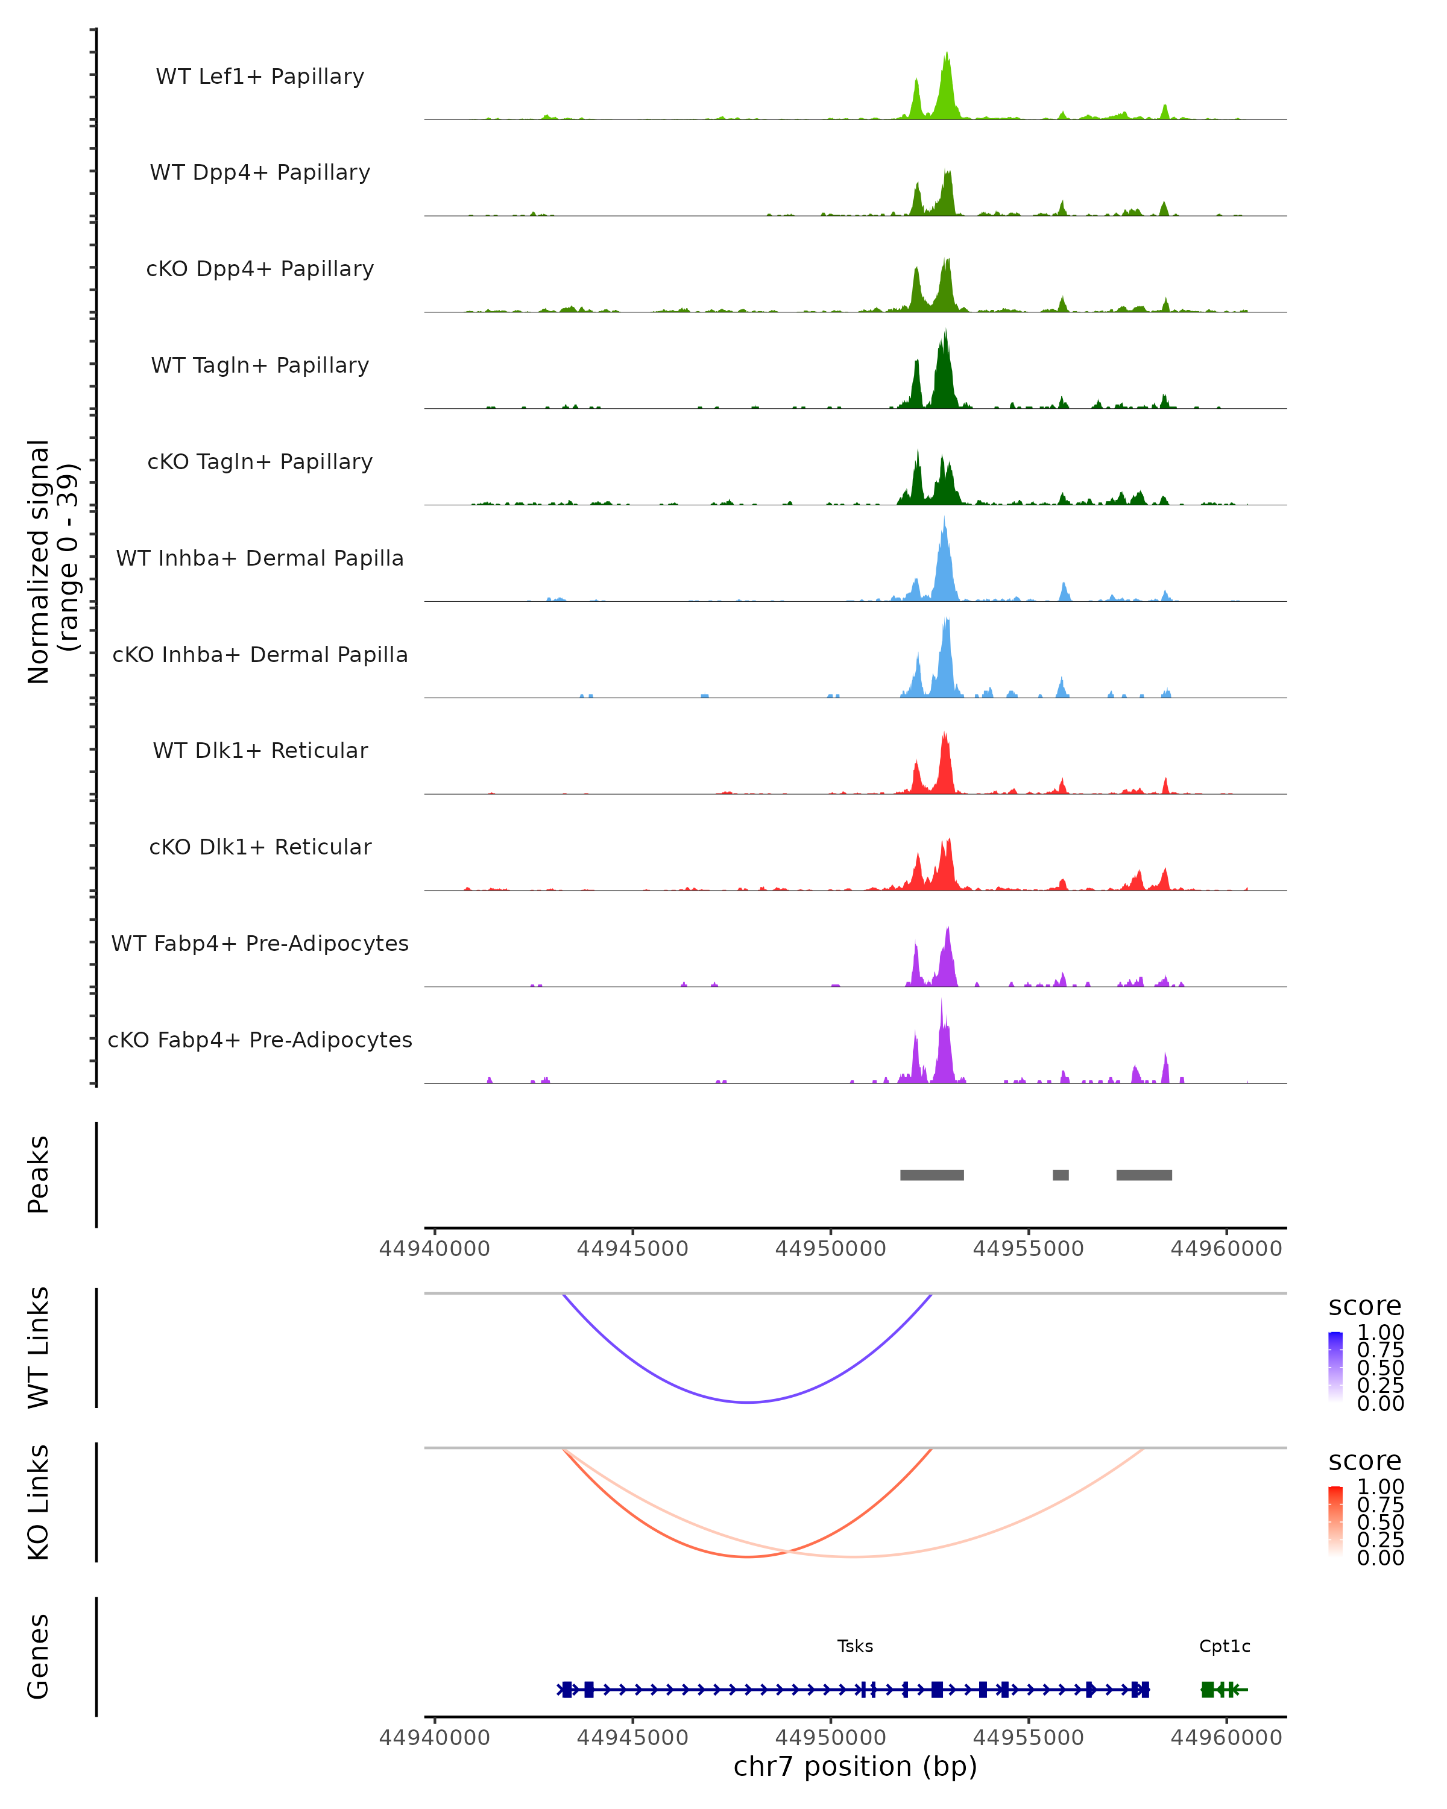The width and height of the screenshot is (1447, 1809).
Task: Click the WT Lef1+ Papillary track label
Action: pyautogui.click(x=260, y=77)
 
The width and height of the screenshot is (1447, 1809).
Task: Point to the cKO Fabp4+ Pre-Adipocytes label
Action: pyautogui.click(x=260, y=1040)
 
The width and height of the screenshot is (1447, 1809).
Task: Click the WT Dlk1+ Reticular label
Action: pyautogui.click(x=260, y=750)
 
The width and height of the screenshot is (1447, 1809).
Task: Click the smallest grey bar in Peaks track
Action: pyautogui.click(x=1061, y=1175)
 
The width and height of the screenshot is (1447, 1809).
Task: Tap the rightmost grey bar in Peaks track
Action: pyautogui.click(x=1144, y=1175)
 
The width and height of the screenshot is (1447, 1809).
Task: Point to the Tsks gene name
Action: pyautogui.click(x=855, y=1646)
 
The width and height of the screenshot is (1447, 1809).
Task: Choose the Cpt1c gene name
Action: pyautogui.click(x=1225, y=1646)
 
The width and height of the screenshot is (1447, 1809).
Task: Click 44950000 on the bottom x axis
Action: pyautogui.click(x=830, y=1738)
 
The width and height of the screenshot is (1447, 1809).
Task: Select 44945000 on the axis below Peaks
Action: pyautogui.click(x=632, y=1249)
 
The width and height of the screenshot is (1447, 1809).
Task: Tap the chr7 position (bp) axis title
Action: pyautogui.click(x=855, y=1767)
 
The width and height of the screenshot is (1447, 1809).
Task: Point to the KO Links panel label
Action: pyautogui.click(x=39, y=1502)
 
